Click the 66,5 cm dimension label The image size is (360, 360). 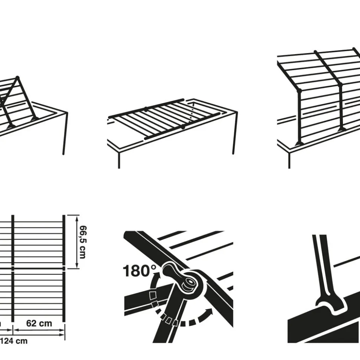[82, 241]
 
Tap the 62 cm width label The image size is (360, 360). [39, 323]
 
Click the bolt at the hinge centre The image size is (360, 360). [190, 283]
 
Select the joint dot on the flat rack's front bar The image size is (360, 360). [183, 127]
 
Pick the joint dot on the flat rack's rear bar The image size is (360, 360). [146, 109]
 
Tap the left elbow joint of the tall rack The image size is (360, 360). [299, 90]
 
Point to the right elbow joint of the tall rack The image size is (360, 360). [341, 85]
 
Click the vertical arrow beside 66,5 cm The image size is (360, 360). [77, 241]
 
